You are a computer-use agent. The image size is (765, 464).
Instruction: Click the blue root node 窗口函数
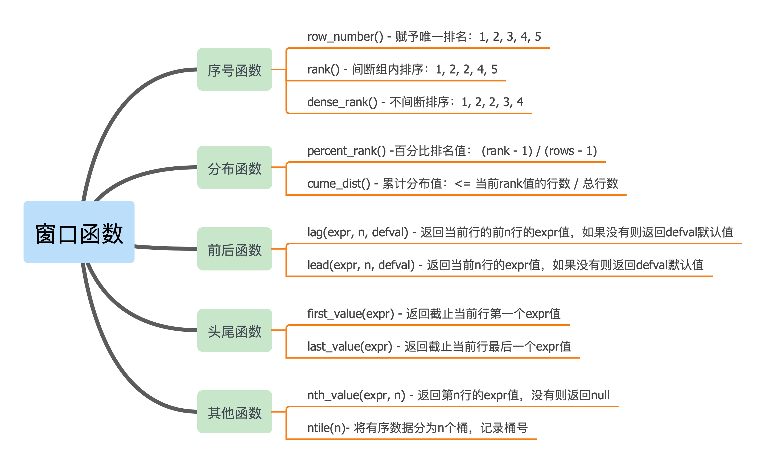pyautogui.click(x=79, y=232)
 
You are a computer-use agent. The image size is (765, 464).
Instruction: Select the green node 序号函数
pyautogui.click(x=235, y=69)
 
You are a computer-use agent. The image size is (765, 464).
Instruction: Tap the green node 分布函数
pyautogui.click(x=235, y=167)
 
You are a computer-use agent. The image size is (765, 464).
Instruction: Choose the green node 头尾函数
pyautogui.click(x=235, y=330)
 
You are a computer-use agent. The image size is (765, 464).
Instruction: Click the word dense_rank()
pyautogui.click(x=342, y=102)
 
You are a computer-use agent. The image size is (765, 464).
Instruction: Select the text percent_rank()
pyautogui.click(x=347, y=151)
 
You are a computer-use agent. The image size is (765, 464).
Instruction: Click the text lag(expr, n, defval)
pyautogui.click(x=358, y=232)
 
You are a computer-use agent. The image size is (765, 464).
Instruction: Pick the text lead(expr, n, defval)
pyautogui.click(x=361, y=265)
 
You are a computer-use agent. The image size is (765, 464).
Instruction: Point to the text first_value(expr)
pyautogui.click(x=351, y=314)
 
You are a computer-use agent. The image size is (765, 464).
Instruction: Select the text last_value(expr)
pyautogui.click(x=349, y=347)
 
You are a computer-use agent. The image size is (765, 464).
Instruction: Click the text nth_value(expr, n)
pyautogui.click(x=356, y=395)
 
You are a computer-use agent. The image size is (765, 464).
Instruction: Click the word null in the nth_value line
pyautogui.click(x=600, y=395)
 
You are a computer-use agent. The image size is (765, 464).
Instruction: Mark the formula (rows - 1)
pyautogui.click(x=571, y=151)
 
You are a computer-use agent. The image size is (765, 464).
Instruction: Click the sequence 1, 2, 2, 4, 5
pyautogui.click(x=466, y=69)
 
